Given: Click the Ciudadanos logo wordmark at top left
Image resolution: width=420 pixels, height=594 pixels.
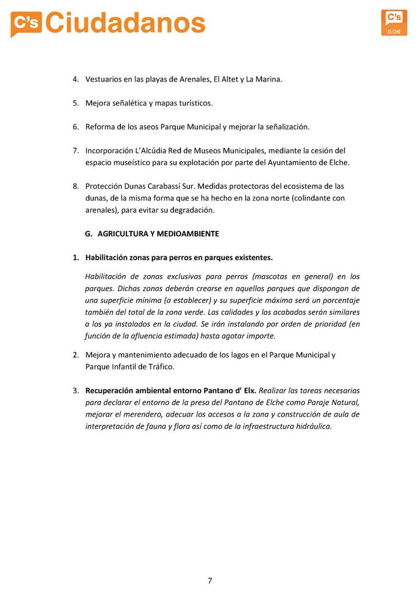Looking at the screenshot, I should click(108, 24).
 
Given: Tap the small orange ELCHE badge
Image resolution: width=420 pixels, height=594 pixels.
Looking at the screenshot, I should click(394, 22).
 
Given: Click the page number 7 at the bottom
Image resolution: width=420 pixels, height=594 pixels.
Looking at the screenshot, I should click(210, 581).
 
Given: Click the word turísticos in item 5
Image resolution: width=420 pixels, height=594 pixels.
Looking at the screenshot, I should click(194, 103).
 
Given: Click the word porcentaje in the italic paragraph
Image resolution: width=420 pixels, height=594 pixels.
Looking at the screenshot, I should click(337, 300).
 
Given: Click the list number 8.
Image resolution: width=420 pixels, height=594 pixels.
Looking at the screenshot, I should click(75, 187).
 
